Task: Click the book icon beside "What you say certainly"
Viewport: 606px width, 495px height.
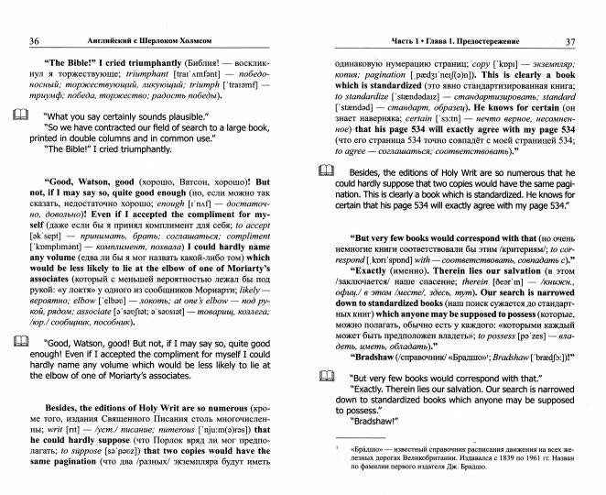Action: click(x=21, y=115)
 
